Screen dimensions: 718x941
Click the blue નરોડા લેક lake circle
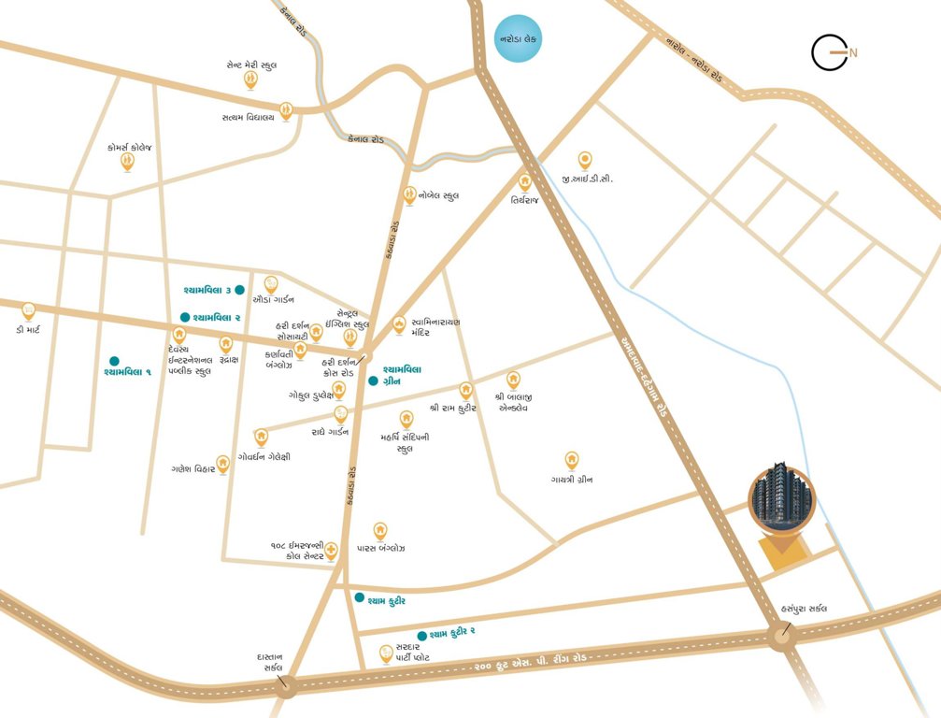[517, 40]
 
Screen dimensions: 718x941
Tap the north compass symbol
[831, 52]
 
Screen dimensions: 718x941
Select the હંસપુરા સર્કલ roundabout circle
[781, 639]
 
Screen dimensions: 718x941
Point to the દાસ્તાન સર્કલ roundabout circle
[287, 686]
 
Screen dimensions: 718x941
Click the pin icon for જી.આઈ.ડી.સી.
[585, 160]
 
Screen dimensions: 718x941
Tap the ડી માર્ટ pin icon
[28, 311]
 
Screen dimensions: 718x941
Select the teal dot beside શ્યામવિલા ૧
[114, 360]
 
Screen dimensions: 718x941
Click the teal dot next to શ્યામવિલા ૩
[240, 290]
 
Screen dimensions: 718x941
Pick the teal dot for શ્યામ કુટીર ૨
[422, 634]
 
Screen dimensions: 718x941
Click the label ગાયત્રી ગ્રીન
[572, 480]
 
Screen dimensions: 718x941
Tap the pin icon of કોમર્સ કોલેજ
[127, 162]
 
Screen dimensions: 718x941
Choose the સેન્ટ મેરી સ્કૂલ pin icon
[250, 79]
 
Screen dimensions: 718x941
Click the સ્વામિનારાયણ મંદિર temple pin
[399, 324]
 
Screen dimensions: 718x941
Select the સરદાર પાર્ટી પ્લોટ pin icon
[385, 655]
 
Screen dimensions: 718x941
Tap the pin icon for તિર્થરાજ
[525, 182]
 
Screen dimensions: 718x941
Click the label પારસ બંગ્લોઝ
[380, 548]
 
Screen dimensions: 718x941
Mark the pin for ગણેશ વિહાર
[222, 464]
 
